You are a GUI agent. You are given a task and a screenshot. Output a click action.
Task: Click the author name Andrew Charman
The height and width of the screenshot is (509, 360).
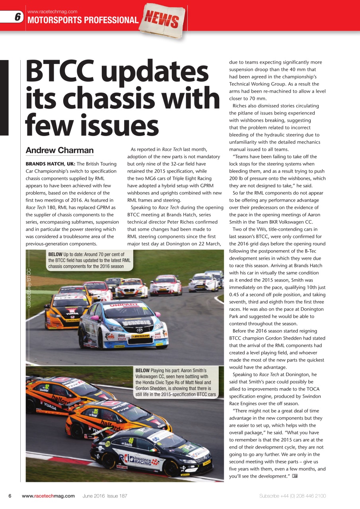tap(60, 150)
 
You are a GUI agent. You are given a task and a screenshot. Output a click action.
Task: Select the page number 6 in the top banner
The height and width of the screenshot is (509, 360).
tap(18, 17)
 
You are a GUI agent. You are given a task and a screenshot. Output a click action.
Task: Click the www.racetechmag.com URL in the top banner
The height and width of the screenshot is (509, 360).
tap(52, 12)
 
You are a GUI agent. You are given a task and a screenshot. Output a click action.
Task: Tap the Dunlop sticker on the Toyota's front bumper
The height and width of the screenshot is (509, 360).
tap(140, 336)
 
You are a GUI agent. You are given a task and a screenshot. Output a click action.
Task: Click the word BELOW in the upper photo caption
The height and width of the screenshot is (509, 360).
tap(55, 254)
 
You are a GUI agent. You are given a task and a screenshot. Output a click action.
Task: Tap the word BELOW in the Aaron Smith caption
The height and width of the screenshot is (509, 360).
tap(142, 370)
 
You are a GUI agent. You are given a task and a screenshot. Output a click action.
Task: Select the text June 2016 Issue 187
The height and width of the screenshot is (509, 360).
tap(105, 496)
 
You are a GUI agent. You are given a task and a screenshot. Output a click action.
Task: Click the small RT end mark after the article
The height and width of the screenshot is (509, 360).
tap(295, 476)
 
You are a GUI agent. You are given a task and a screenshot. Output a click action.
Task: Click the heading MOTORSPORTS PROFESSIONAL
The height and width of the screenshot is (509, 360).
tap(82, 20)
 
